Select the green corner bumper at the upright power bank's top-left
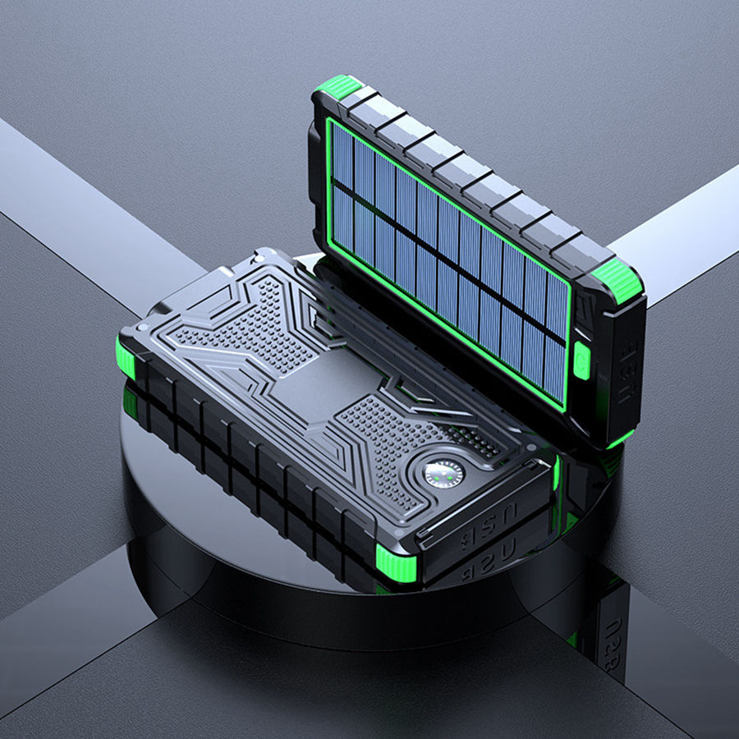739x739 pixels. pos(339,85)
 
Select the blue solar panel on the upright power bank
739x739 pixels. pos(448,255)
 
